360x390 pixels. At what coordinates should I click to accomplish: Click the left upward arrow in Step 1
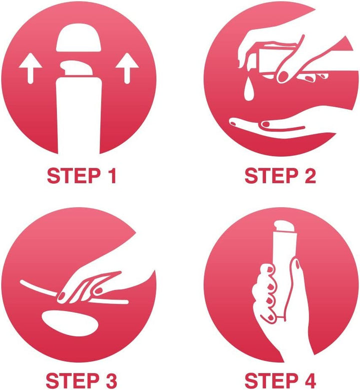pos(30,68)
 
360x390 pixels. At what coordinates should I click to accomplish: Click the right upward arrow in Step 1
pos(127,68)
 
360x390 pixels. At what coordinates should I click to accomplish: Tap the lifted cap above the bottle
pos(78,38)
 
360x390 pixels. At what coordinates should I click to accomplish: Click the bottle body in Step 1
pos(79,116)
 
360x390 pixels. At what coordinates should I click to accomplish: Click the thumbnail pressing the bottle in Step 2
pos(283,77)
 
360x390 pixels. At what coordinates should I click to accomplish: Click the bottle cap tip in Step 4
pos(284,226)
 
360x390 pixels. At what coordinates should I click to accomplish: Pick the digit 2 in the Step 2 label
pos(310,176)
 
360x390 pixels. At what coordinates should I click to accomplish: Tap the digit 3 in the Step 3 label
pos(110,381)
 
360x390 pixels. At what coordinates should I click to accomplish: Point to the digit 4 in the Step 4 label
pos(309,381)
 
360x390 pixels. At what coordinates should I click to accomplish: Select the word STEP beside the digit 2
pos(271,176)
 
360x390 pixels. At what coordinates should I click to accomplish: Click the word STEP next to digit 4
pos(271,381)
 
